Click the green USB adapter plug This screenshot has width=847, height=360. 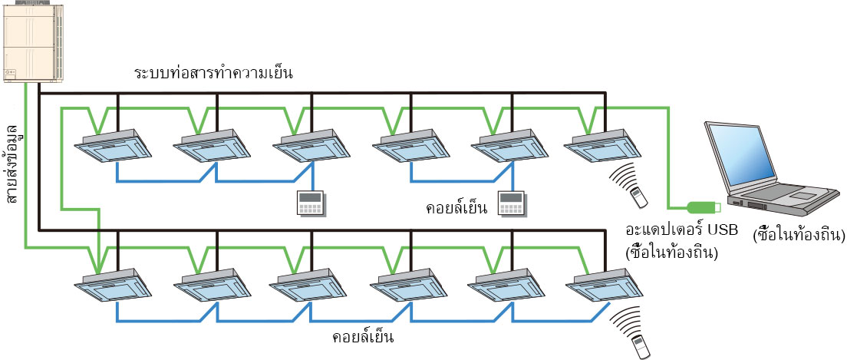click(702, 206)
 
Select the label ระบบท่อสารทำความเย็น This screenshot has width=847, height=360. click(214, 74)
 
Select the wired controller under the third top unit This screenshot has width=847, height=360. click(311, 203)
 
